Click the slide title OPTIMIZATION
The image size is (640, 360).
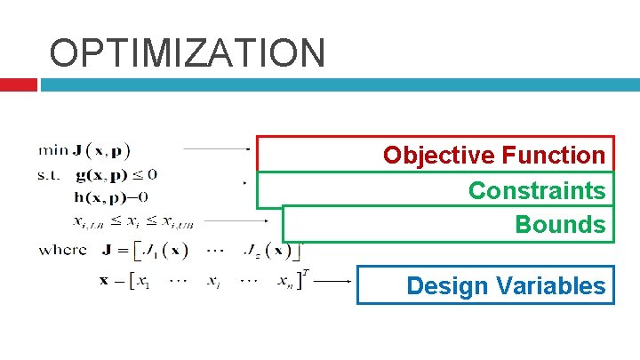click(x=188, y=52)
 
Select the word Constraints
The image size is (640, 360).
click(x=537, y=190)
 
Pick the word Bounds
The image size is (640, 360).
click(x=560, y=224)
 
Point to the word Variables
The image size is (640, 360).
click(x=551, y=286)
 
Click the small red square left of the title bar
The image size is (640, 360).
click(x=18, y=84)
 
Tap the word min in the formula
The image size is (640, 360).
click(x=54, y=148)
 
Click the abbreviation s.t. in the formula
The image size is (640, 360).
click(x=50, y=174)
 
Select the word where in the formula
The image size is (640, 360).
click(x=63, y=250)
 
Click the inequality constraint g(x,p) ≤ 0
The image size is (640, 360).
click(x=116, y=174)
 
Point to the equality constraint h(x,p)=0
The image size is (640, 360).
click(x=113, y=196)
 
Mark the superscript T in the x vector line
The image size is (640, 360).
click(x=305, y=272)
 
